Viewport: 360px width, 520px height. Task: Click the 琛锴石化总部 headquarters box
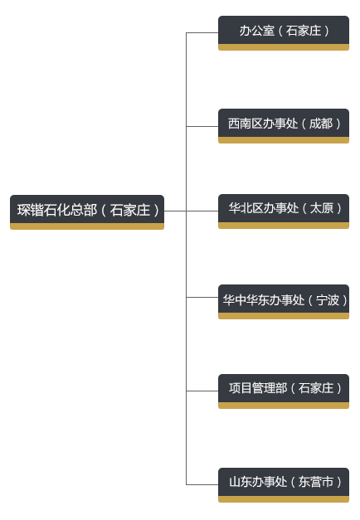(87, 212)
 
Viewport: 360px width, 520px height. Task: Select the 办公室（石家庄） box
(284, 33)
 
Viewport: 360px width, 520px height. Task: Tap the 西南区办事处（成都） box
(284, 126)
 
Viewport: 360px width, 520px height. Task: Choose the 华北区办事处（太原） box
(284, 211)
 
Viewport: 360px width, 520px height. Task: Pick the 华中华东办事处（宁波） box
(284, 302)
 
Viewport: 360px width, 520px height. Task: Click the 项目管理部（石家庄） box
(284, 391)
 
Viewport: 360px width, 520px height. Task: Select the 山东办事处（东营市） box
(284, 485)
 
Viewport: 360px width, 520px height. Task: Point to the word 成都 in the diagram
(321, 124)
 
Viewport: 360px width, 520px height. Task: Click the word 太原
(322, 208)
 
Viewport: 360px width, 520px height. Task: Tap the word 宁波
(328, 300)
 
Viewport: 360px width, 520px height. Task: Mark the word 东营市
(316, 482)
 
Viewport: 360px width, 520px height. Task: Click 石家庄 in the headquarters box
(130, 211)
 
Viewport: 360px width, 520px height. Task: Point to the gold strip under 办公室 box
(284, 47)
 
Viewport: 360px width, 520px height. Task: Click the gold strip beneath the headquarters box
(87, 226)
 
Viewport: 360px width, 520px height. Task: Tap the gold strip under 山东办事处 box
(284, 499)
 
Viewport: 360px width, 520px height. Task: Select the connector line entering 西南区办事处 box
(202, 126)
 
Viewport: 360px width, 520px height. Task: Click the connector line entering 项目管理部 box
(202, 391)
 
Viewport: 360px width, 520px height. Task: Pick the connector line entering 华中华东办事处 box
(202, 297)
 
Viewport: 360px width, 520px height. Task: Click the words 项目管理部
(258, 388)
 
